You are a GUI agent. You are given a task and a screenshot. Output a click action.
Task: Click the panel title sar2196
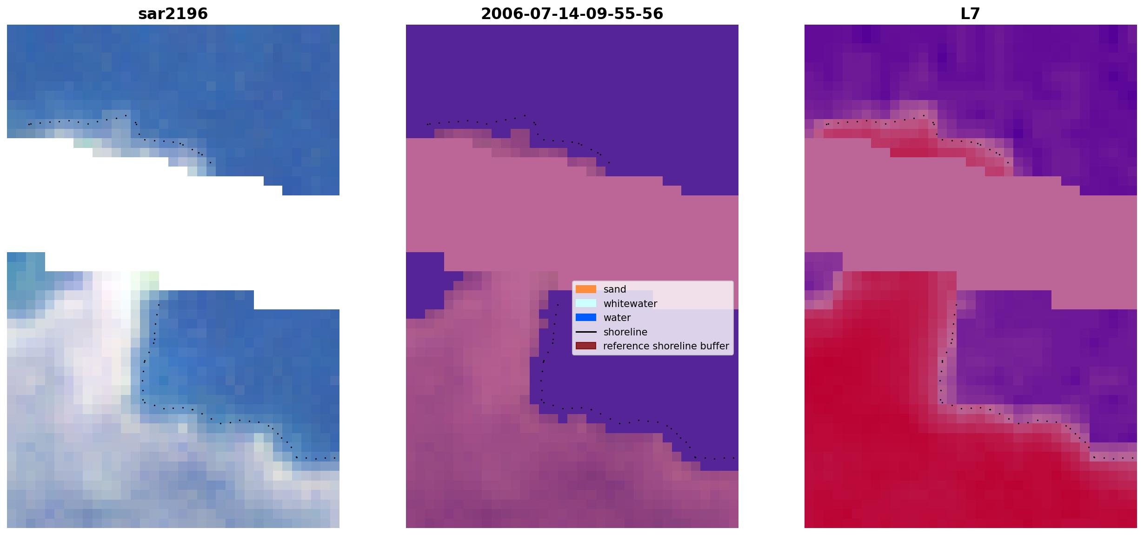[173, 14]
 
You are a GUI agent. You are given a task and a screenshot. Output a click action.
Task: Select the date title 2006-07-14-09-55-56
[572, 14]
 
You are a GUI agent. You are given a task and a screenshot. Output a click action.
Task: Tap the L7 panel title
[971, 14]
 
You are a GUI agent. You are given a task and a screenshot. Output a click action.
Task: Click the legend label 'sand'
[615, 289]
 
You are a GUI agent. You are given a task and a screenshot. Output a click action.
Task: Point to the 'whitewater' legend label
[630, 304]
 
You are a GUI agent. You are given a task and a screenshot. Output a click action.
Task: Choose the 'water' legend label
[617, 318]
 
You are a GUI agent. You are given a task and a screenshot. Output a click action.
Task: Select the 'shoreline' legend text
[625, 332]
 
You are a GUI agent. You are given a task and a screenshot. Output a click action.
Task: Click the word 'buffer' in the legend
[714, 346]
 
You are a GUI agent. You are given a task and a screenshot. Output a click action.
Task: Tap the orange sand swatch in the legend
[586, 289]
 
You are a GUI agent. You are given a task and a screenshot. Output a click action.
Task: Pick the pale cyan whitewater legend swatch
[586, 303]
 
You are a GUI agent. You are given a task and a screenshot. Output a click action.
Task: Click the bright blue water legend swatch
[586, 318]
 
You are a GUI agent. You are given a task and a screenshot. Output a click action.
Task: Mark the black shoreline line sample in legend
[586, 332]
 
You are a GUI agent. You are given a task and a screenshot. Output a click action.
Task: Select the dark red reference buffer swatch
[586, 346]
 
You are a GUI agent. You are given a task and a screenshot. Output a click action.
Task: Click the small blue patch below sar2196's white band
[26, 261]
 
